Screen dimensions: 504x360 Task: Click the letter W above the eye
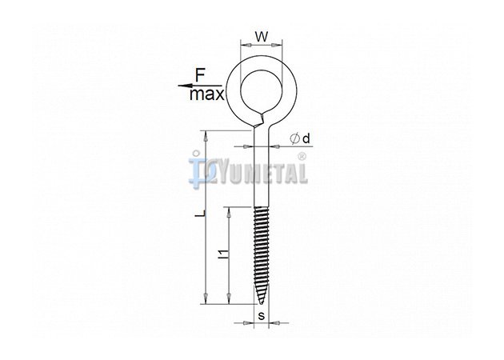click(262, 37)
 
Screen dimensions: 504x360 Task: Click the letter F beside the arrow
click(200, 76)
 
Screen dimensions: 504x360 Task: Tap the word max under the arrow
click(206, 94)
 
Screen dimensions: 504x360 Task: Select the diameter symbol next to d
click(294, 138)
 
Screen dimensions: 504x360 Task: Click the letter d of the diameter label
click(306, 138)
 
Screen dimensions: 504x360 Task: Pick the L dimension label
click(199, 213)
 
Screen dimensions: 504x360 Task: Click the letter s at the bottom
click(262, 316)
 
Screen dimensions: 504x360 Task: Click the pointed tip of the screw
click(261, 303)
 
